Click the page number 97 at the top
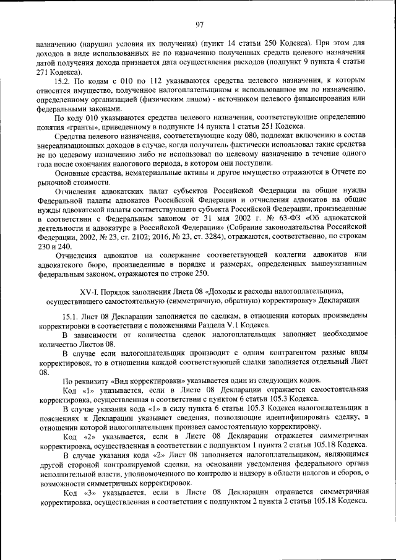pos(199,25)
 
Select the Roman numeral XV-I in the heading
pos(90,290)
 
